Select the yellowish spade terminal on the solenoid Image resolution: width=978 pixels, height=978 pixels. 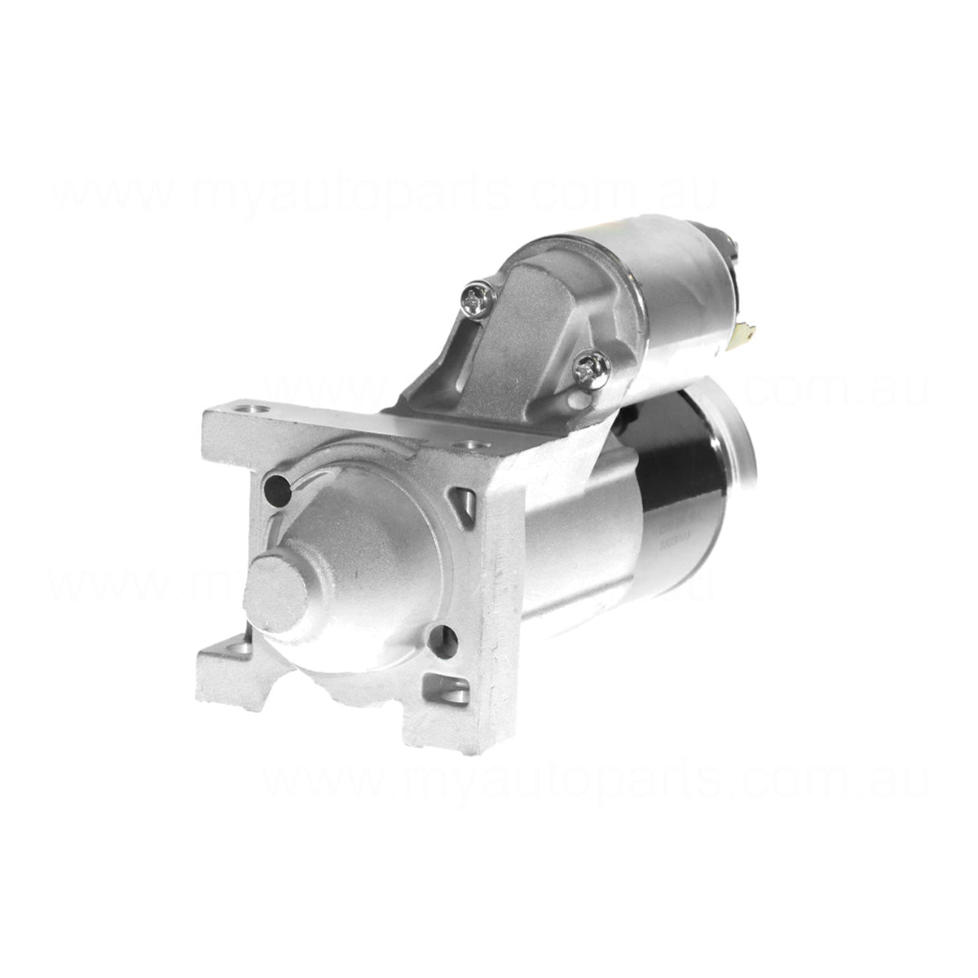click(743, 333)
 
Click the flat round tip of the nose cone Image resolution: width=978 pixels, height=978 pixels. click(275, 592)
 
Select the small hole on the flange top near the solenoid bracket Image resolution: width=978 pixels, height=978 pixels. click(470, 446)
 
